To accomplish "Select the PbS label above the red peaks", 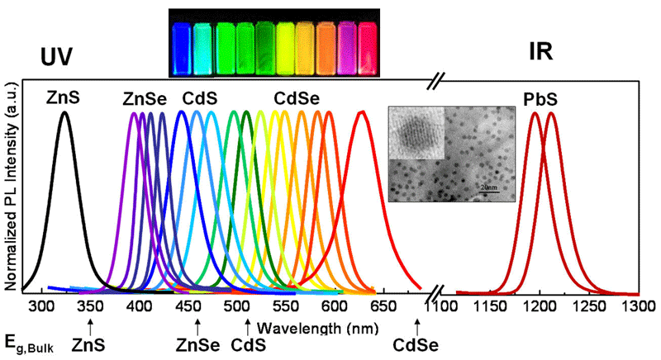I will [542, 99].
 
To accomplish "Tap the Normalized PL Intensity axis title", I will [11, 187].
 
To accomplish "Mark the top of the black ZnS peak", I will [64, 112].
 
